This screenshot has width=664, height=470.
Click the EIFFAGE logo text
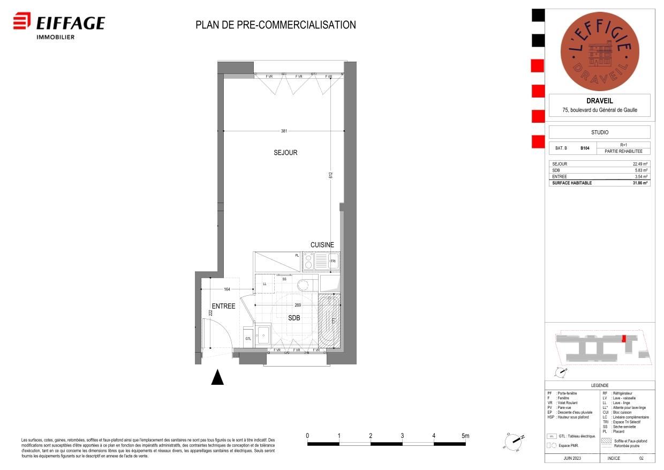[x=70, y=23]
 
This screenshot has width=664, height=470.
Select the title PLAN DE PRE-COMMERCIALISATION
[x=275, y=25]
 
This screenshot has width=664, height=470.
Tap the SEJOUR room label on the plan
[x=285, y=153]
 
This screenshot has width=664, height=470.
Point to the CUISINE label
[x=322, y=245]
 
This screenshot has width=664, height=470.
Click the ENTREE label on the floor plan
[x=223, y=307]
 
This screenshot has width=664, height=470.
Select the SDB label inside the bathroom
[x=294, y=318]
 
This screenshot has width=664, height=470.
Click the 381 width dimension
[x=284, y=131]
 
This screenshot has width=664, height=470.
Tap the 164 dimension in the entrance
[x=227, y=290]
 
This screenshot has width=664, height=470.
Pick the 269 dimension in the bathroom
[x=298, y=305]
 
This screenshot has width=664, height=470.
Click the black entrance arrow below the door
[x=217, y=377]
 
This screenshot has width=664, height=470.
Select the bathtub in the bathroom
[x=329, y=320]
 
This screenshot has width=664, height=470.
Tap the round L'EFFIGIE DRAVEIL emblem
[x=599, y=51]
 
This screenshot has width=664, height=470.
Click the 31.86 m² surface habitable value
[x=640, y=183]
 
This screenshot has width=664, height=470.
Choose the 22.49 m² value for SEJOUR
[x=640, y=164]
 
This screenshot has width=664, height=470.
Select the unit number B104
[x=585, y=148]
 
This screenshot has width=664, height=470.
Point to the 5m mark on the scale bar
[x=465, y=436]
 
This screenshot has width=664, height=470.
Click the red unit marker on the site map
[x=623, y=339]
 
